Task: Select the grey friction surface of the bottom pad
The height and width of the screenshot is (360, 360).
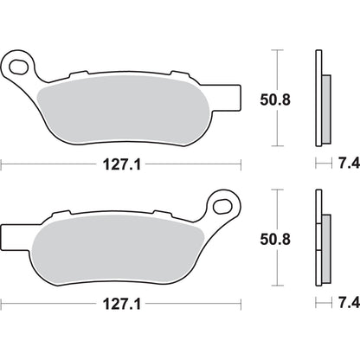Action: tap(121, 245)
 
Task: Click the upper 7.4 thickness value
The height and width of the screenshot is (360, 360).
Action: tap(344, 162)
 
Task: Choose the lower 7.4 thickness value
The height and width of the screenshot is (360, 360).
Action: tap(344, 304)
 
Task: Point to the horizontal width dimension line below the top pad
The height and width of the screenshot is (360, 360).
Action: tap(52, 162)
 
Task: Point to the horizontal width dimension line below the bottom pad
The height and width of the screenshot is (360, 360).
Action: tap(52, 304)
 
